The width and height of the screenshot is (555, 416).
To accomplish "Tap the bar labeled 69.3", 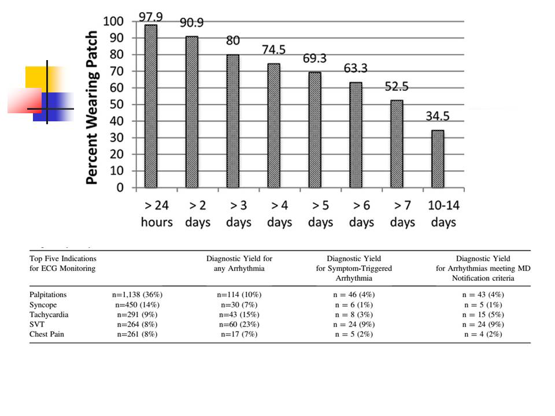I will [315, 129].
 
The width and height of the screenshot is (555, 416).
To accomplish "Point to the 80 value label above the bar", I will [233, 41].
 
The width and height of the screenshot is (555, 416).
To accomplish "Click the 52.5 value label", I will [397, 86].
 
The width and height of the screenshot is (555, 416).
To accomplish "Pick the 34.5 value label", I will [438, 116].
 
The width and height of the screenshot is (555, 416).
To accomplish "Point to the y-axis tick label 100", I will [113, 22].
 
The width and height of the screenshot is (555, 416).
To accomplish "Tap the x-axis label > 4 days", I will [280, 214].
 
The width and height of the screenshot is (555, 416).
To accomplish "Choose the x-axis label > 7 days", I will [402, 214].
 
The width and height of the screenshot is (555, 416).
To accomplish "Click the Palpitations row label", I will [48, 295].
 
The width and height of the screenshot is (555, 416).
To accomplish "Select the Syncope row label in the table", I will [43, 304].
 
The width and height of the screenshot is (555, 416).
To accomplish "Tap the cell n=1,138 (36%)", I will [138, 295].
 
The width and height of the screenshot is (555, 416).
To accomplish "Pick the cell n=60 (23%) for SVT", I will [239, 324].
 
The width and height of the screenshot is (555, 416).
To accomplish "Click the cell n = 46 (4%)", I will [353, 295].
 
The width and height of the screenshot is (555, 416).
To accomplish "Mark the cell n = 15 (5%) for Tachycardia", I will [483, 314].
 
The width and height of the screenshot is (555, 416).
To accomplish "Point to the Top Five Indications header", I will [63, 263].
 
